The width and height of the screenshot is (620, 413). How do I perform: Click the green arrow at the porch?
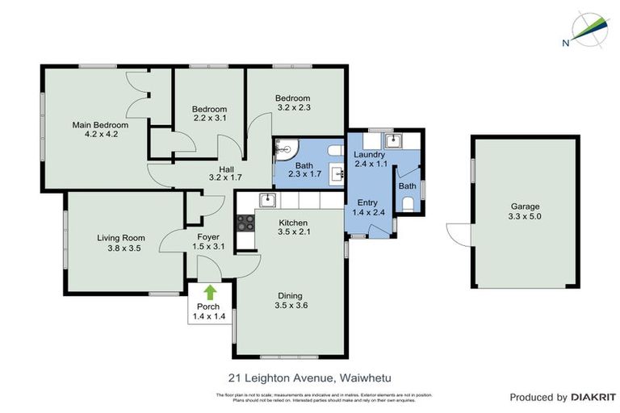coord(210,293)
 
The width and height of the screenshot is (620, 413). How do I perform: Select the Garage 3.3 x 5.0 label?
coord(524,211)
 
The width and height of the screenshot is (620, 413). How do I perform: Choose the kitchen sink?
coord(267,200)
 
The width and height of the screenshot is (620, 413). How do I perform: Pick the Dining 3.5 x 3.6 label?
coord(291,300)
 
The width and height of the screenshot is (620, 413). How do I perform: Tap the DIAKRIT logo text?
coord(593,397)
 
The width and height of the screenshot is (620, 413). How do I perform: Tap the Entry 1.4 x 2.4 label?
coord(367,207)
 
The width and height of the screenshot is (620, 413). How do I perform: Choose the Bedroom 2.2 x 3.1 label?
coord(209,114)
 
